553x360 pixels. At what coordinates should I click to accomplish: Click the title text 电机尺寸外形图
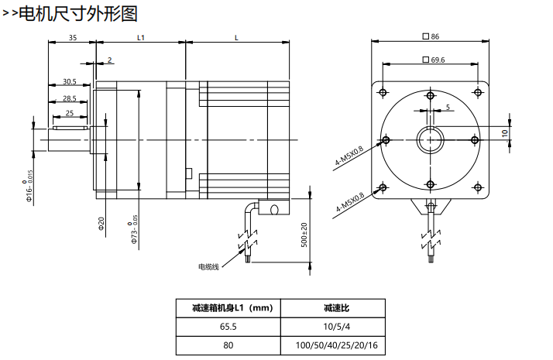77,13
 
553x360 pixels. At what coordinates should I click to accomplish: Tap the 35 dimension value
72,37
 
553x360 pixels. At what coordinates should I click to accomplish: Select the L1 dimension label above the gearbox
141,37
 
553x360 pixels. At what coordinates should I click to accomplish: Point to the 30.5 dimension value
69,81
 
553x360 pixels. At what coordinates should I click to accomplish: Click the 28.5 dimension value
69,98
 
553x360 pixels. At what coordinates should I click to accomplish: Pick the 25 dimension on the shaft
70,113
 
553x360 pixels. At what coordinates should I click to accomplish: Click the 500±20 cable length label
304,234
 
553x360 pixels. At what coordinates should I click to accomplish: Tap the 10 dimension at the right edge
503,133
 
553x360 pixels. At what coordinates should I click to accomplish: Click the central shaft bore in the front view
430,140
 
